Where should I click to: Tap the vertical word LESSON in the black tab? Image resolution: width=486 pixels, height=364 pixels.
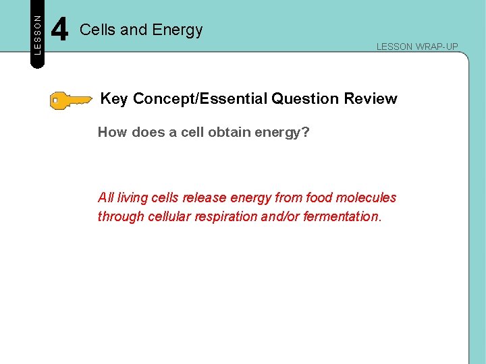click(x=38, y=34)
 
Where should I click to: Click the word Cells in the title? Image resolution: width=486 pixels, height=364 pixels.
click(x=94, y=30)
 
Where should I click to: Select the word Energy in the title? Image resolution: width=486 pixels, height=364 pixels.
click(x=178, y=30)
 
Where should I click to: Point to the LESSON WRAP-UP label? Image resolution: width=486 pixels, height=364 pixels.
click(x=417, y=47)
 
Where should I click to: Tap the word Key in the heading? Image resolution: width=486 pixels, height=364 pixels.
click(x=114, y=99)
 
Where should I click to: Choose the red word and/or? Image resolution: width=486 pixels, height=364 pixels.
click(x=281, y=216)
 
